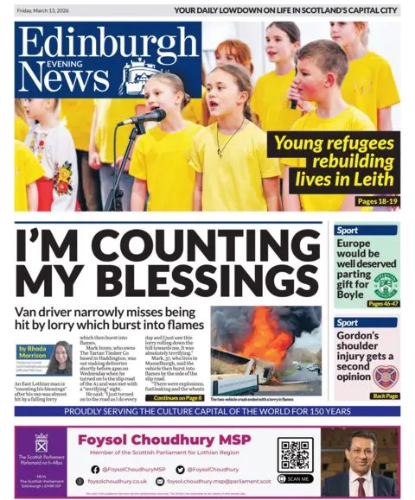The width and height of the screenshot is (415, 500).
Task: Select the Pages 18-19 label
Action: coord(378,201)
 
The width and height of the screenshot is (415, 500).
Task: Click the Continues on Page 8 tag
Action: coord(178,398)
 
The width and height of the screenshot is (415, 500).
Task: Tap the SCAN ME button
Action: coord(296,478)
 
